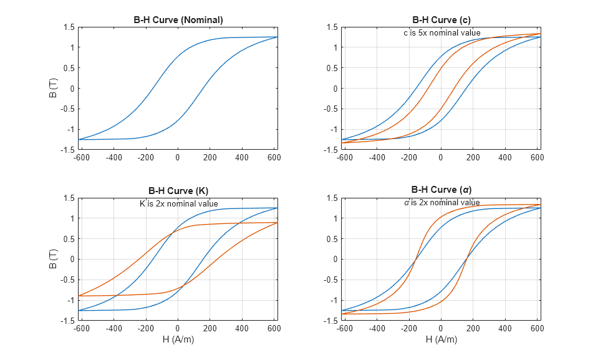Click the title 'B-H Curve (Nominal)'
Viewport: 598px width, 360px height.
[178, 20]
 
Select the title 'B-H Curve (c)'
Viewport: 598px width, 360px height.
[441, 20]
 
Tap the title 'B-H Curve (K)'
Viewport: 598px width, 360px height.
[178, 190]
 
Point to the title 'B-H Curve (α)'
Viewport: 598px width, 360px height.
[441, 190]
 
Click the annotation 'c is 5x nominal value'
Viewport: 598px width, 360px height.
[441, 32]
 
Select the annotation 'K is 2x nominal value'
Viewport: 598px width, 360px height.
[178, 203]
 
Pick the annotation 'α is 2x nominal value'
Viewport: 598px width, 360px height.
[441, 203]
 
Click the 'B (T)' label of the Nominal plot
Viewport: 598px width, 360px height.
[54, 88]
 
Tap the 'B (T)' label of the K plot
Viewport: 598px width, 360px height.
[54, 259]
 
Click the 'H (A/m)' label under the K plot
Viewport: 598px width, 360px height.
[178, 339]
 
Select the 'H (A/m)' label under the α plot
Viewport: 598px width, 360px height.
[441, 339]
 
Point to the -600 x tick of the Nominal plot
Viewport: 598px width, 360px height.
[82, 158]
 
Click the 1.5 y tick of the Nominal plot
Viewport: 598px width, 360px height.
[70, 27]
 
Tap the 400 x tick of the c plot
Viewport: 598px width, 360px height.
[505, 158]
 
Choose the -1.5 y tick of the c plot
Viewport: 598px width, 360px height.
[331, 150]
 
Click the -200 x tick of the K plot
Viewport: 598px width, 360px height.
[146, 328]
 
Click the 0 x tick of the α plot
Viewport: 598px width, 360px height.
[441, 328]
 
